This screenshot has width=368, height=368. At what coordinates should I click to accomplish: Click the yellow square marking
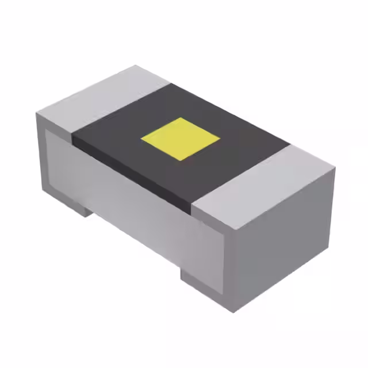(x=181, y=139)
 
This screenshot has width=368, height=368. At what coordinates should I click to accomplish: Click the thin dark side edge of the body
(x=132, y=172)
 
